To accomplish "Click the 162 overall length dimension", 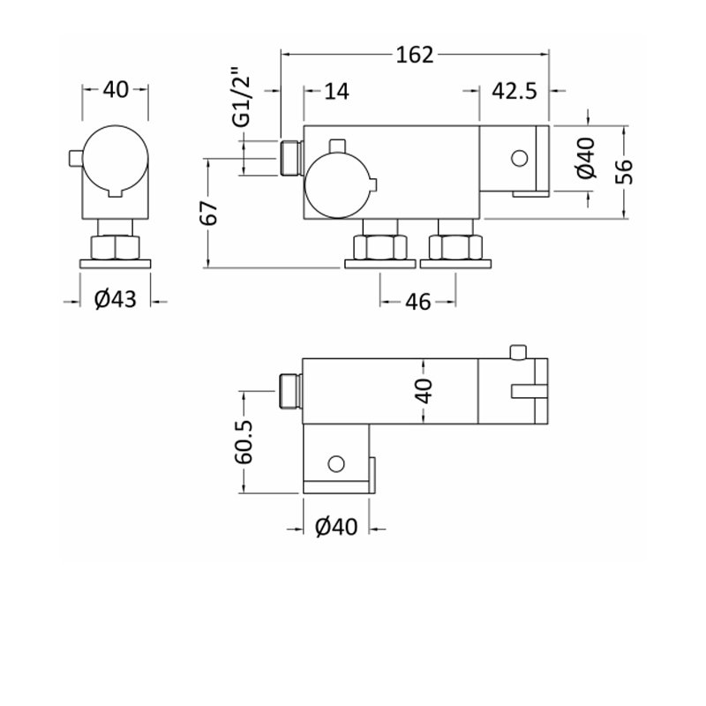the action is pyautogui.click(x=415, y=55).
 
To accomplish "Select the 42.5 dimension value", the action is pyautogui.click(x=514, y=91).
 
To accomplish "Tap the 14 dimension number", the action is pyautogui.click(x=336, y=92).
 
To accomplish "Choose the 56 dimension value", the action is pyautogui.click(x=625, y=172).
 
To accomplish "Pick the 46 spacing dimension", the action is pyautogui.click(x=417, y=302).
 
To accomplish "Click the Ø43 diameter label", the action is pyautogui.click(x=116, y=299).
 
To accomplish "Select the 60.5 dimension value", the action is pyautogui.click(x=244, y=442).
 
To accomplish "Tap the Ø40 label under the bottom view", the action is pyautogui.click(x=336, y=527).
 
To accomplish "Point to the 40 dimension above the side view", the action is pyautogui.click(x=116, y=90).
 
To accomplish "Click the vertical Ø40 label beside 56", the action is pyautogui.click(x=586, y=158).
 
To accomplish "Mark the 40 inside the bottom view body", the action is pyautogui.click(x=424, y=391).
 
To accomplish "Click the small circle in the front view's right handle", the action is pyautogui.click(x=520, y=158).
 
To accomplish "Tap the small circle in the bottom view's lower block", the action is pyautogui.click(x=336, y=464).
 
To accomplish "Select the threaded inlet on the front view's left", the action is pyautogui.click(x=291, y=158).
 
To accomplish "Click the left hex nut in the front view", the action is pyautogui.click(x=379, y=247).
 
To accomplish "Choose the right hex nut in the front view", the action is pyautogui.click(x=455, y=247).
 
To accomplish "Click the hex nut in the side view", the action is pyautogui.click(x=116, y=247).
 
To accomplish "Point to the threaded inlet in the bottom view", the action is pyautogui.click(x=291, y=391).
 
